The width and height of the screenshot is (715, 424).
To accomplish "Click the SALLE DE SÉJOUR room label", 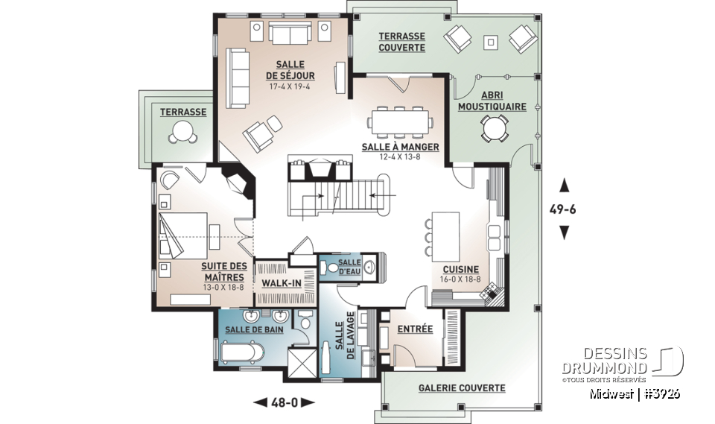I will pyautogui.click(x=290, y=70).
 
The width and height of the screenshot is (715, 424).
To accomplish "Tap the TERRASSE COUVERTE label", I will pyautogui.click(x=401, y=42).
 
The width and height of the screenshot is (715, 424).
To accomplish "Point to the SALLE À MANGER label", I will pyautogui.click(x=401, y=148).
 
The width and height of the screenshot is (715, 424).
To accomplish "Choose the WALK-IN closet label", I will pyautogui.click(x=281, y=283).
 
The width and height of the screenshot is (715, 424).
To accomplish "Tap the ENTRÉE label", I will pyautogui.click(x=415, y=329).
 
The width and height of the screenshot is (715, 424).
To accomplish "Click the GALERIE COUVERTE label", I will pyautogui.click(x=461, y=388).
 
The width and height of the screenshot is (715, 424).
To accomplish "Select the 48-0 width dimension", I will pyautogui.click(x=284, y=403).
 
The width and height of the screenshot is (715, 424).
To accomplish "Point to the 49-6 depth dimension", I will pyautogui.click(x=564, y=209).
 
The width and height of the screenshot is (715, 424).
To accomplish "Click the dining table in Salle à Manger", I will pyautogui.click(x=400, y=120).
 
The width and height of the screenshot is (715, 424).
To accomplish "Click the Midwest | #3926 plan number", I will pyautogui.click(x=635, y=393).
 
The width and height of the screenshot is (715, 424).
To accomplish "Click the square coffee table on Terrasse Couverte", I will pyautogui.click(x=490, y=42).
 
